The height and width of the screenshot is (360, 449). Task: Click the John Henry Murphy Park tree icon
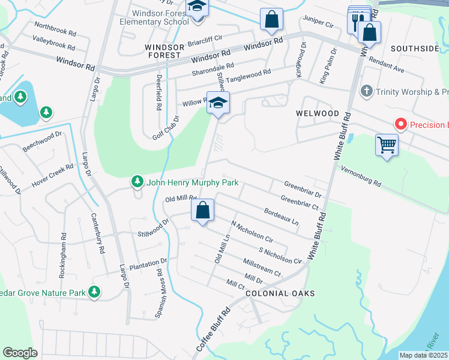(x=137, y=182)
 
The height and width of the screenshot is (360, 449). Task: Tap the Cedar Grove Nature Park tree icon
(x=94, y=292)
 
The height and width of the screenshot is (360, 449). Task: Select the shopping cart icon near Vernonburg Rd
(x=387, y=145)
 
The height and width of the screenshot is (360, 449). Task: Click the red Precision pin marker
(x=401, y=125)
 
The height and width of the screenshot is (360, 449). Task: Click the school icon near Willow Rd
(x=218, y=102)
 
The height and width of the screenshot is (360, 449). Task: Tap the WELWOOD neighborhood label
(x=318, y=113)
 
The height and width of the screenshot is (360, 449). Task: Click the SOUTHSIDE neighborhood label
(x=415, y=48)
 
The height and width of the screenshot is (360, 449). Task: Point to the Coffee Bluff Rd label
(x=214, y=331)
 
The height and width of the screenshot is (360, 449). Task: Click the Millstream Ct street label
(x=261, y=268)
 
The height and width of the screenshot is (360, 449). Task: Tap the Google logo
(x=20, y=353)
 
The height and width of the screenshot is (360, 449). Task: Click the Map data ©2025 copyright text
(x=423, y=355)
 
